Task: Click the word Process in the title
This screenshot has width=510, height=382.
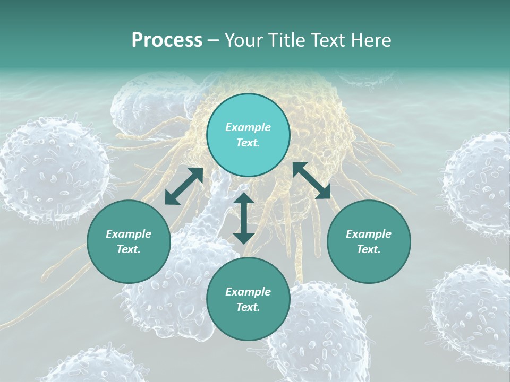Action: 167,40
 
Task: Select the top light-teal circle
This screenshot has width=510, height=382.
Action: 248,135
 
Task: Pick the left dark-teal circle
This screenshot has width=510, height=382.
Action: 129,241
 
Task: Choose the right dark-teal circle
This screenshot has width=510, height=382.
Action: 368,241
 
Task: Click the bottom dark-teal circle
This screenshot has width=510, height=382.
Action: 248,299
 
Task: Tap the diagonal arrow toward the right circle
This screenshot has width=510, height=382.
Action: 311,181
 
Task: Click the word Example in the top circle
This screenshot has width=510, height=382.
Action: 248,127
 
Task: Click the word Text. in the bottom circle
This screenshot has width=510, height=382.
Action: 248,307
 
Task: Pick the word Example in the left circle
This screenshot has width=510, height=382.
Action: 129,233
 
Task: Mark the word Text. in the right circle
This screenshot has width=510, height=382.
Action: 368,249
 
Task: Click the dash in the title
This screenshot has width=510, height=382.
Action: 214,40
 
